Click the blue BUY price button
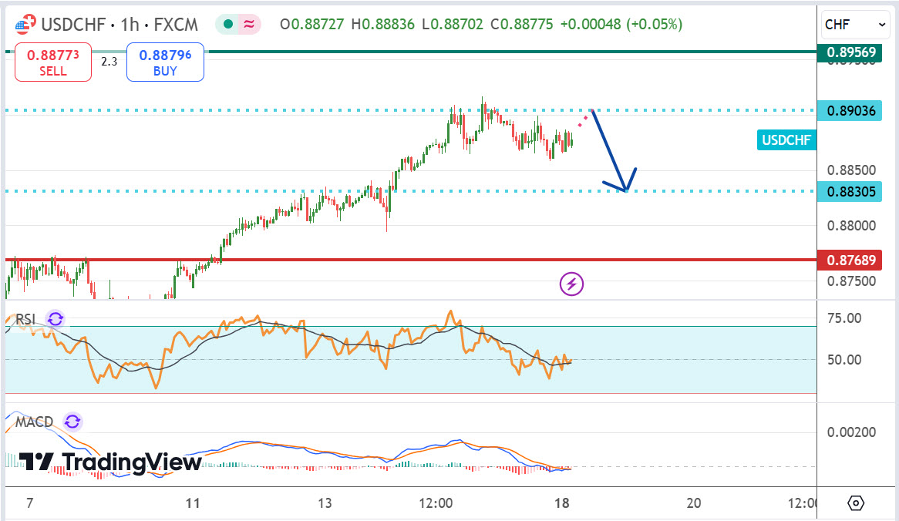point(165,62)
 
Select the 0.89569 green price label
point(850,52)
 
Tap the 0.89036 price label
point(850,111)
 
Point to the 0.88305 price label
point(850,191)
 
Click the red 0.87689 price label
point(850,260)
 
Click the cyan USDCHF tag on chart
point(786,139)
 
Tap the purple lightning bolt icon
point(571,284)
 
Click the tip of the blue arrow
point(626,190)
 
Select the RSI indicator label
point(26,320)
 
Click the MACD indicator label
point(35,422)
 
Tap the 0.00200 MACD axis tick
point(850,432)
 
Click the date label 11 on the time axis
point(193,503)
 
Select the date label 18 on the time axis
point(562,503)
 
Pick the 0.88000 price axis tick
point(850,226)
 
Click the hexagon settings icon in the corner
point(856,503)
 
